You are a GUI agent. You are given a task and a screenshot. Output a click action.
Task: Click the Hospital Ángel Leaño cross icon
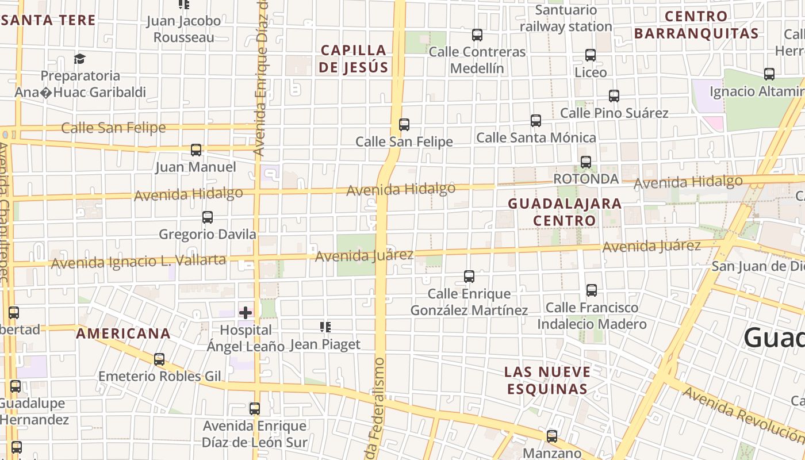click(246, 313)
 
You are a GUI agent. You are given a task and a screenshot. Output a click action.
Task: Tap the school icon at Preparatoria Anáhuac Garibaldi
click(79, 59)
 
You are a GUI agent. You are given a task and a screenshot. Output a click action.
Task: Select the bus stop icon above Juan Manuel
click(196, 150)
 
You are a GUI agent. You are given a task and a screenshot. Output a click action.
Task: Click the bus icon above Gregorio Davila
click(208, 217)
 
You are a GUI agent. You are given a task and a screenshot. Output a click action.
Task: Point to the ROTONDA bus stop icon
click(586, 162)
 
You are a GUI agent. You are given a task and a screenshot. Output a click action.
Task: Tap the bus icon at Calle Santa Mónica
click(536, 121)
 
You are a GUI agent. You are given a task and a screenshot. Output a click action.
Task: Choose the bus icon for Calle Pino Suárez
click(614, 96)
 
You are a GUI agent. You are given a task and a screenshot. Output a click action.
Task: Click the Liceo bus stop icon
click(591, 55)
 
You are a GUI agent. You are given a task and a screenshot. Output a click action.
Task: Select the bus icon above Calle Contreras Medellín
click(477, 35)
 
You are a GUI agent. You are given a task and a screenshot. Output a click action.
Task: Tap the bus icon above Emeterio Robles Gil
click(159, 359)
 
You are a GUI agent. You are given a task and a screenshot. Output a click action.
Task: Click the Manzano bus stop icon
click(552, 436)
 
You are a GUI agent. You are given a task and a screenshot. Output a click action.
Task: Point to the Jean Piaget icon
click(325, 327)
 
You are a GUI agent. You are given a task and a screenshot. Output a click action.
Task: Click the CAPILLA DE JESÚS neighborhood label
click(354, 59)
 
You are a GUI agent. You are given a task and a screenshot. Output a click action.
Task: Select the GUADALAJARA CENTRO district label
click(557, 212)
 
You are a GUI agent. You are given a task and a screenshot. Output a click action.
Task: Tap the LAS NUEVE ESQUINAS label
click(547, 380)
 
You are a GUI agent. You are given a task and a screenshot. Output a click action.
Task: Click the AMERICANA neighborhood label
click(124, 333)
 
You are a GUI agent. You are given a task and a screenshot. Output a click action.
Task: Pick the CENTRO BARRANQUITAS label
click(696, 25)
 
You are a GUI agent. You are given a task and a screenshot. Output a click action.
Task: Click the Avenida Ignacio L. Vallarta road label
click(139, 262)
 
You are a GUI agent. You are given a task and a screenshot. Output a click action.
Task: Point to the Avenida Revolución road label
click(742, 412)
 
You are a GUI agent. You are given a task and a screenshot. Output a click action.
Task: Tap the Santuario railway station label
click(566, 18)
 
